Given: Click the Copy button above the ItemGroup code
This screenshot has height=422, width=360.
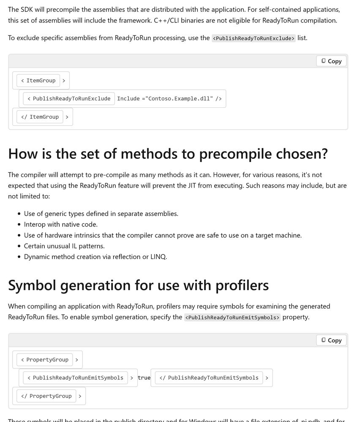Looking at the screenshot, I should [x=331, y=61].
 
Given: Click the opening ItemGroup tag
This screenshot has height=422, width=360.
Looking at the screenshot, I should [x=41, y=81].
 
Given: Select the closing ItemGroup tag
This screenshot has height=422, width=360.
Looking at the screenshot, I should [x=40, y=117].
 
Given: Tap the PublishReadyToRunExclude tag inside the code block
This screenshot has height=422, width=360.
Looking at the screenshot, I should [x=68, y=99].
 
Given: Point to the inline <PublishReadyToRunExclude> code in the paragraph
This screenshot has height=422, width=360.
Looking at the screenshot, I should [x=254, y=38].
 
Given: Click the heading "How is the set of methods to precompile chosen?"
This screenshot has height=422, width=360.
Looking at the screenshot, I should [x=168, y=154].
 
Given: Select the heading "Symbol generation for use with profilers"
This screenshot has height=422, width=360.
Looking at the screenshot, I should [x=138, y=285].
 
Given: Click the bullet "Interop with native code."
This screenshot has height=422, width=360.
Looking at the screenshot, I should [x=60, y=224].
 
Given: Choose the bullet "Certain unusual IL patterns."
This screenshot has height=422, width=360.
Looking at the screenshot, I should [x=64, y=246].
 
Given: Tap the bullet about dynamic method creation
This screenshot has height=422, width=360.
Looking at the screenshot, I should [x=95, y=256].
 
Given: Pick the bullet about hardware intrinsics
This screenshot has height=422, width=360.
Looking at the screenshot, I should [x=163, y=235].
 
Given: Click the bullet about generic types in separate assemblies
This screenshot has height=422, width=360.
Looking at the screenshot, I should [x=101, y=214].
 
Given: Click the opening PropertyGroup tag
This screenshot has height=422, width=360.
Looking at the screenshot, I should [x=47, y=360].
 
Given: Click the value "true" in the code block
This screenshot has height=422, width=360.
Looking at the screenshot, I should [x=144, y=378].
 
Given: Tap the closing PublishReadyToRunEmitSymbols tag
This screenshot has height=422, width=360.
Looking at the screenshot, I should [x=209, y=378].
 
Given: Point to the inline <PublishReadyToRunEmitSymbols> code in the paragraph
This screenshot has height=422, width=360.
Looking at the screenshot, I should [x=232, y=317].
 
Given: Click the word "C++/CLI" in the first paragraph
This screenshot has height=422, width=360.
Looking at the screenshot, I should [x=167, y=20].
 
